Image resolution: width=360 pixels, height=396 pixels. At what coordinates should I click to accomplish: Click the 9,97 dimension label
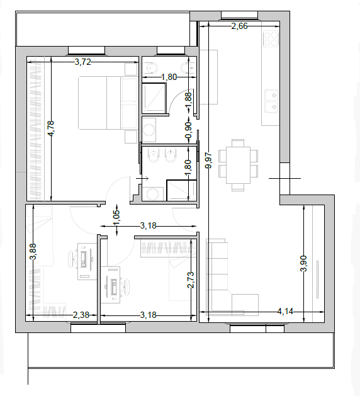pyautogui.click(x=209, y=160)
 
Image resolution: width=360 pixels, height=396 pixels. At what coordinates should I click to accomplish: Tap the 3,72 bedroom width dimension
pyautogui.click(x=82, y=62)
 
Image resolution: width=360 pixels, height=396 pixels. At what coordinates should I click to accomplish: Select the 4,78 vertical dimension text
pyautogui.click(x=51, y=128)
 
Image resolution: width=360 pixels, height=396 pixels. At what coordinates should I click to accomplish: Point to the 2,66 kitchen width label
pyautogui.click(x=239, y=26)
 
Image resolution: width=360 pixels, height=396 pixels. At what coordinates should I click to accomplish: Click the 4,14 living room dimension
pyautogui.click(x=285, y=312)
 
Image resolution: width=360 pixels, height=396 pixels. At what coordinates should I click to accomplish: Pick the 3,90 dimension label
pyautogui.click(x=303, y=263)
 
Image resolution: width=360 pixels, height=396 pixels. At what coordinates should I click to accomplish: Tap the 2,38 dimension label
pyautogui.click(x=81, y=315)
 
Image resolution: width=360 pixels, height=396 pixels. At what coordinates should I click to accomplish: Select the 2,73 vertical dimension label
pyautogui.click(x=191, y=280)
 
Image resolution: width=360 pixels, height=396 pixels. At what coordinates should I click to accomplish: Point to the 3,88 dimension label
pyautogui.click(x=33, y=251)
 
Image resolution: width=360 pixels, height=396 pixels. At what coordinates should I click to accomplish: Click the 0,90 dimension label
pyautogui.click(x=188, y=130)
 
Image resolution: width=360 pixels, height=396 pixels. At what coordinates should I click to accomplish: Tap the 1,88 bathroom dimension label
pyautogui.click(x=188, y=101)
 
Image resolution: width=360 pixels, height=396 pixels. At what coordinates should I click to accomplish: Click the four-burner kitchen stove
pyautogui.click(x=271, y=38)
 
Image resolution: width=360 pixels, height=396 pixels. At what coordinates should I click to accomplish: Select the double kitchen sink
pyautogui.click(x=271, y=101)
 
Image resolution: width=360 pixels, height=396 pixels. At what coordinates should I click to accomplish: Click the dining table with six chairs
pyautogui.click(x=238, y=165)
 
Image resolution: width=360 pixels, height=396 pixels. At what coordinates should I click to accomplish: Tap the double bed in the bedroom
pyautogui.click(x=108, y=103)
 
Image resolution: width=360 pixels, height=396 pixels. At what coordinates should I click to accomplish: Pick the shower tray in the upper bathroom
pyautogui.click(x=154, y=98)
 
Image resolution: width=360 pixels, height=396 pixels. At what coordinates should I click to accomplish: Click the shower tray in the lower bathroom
pyautogui.click(x=181, y=190)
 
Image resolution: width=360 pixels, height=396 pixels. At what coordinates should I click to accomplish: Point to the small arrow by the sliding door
pyautogui.click(x=142, y=178)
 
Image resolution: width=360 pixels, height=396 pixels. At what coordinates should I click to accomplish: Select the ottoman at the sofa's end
pyautogui.click(x=245, y=305)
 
